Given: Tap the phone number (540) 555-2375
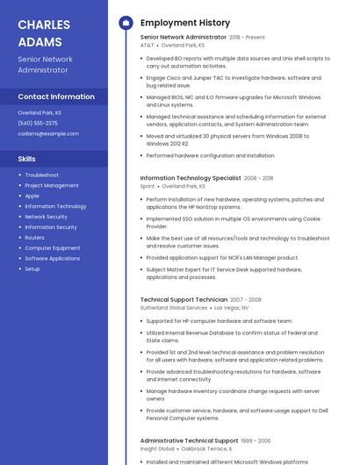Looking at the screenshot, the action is (38, 123).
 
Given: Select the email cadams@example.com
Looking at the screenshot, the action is (48, 133).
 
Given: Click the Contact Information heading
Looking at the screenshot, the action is (56, 97).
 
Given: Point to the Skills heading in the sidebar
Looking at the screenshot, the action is (27, 159).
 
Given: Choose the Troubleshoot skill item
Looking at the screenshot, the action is (41, 175).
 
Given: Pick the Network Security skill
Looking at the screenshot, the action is (46, 217).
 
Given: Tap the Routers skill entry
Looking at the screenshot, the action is (34, 238).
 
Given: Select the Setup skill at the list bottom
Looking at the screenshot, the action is (32, 268).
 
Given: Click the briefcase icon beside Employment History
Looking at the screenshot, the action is (126, 22).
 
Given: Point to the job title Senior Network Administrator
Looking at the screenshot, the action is (183, 38).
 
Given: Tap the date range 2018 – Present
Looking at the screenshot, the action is (247, 38).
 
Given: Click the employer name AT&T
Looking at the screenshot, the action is (147, 45).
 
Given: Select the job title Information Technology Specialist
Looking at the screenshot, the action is (191, 178).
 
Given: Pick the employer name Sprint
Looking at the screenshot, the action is (148, 186).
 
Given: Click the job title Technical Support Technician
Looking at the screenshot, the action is (184, 300).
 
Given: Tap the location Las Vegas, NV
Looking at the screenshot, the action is (232, 308).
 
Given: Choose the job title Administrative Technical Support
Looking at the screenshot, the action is (189, 440).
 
